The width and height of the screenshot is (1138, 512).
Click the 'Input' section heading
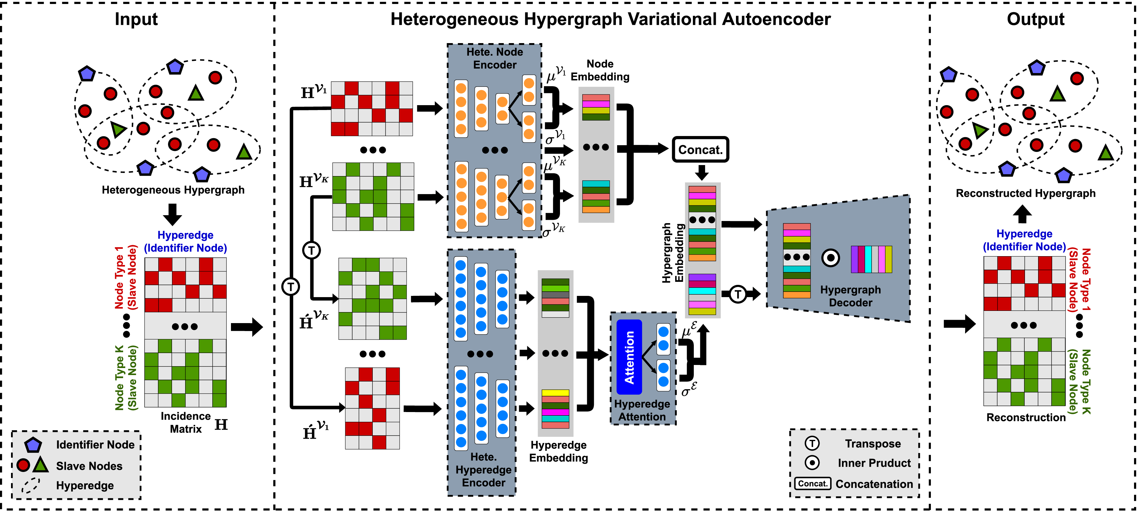point(136,20)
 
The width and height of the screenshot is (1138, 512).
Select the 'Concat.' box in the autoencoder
point(700,149)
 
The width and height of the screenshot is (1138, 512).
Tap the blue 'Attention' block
point(629,357)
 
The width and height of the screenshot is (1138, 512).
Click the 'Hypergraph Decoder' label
point(851,296)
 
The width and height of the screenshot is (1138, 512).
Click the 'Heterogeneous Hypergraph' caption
point(173,190)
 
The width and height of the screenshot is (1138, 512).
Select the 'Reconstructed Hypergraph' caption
point(1025,193)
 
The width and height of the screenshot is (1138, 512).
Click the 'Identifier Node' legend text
point(95,445)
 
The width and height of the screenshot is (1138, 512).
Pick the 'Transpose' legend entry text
point(873,444)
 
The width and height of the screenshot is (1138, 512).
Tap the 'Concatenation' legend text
point(874,484)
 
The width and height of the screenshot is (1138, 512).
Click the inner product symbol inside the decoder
point(830,258)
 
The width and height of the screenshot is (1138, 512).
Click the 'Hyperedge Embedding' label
point(558,451)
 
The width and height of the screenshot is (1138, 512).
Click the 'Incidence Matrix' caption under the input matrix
point(185,423)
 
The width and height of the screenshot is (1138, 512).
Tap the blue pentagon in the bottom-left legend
point(33,445)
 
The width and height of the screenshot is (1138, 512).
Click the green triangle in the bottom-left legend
point(41,464)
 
